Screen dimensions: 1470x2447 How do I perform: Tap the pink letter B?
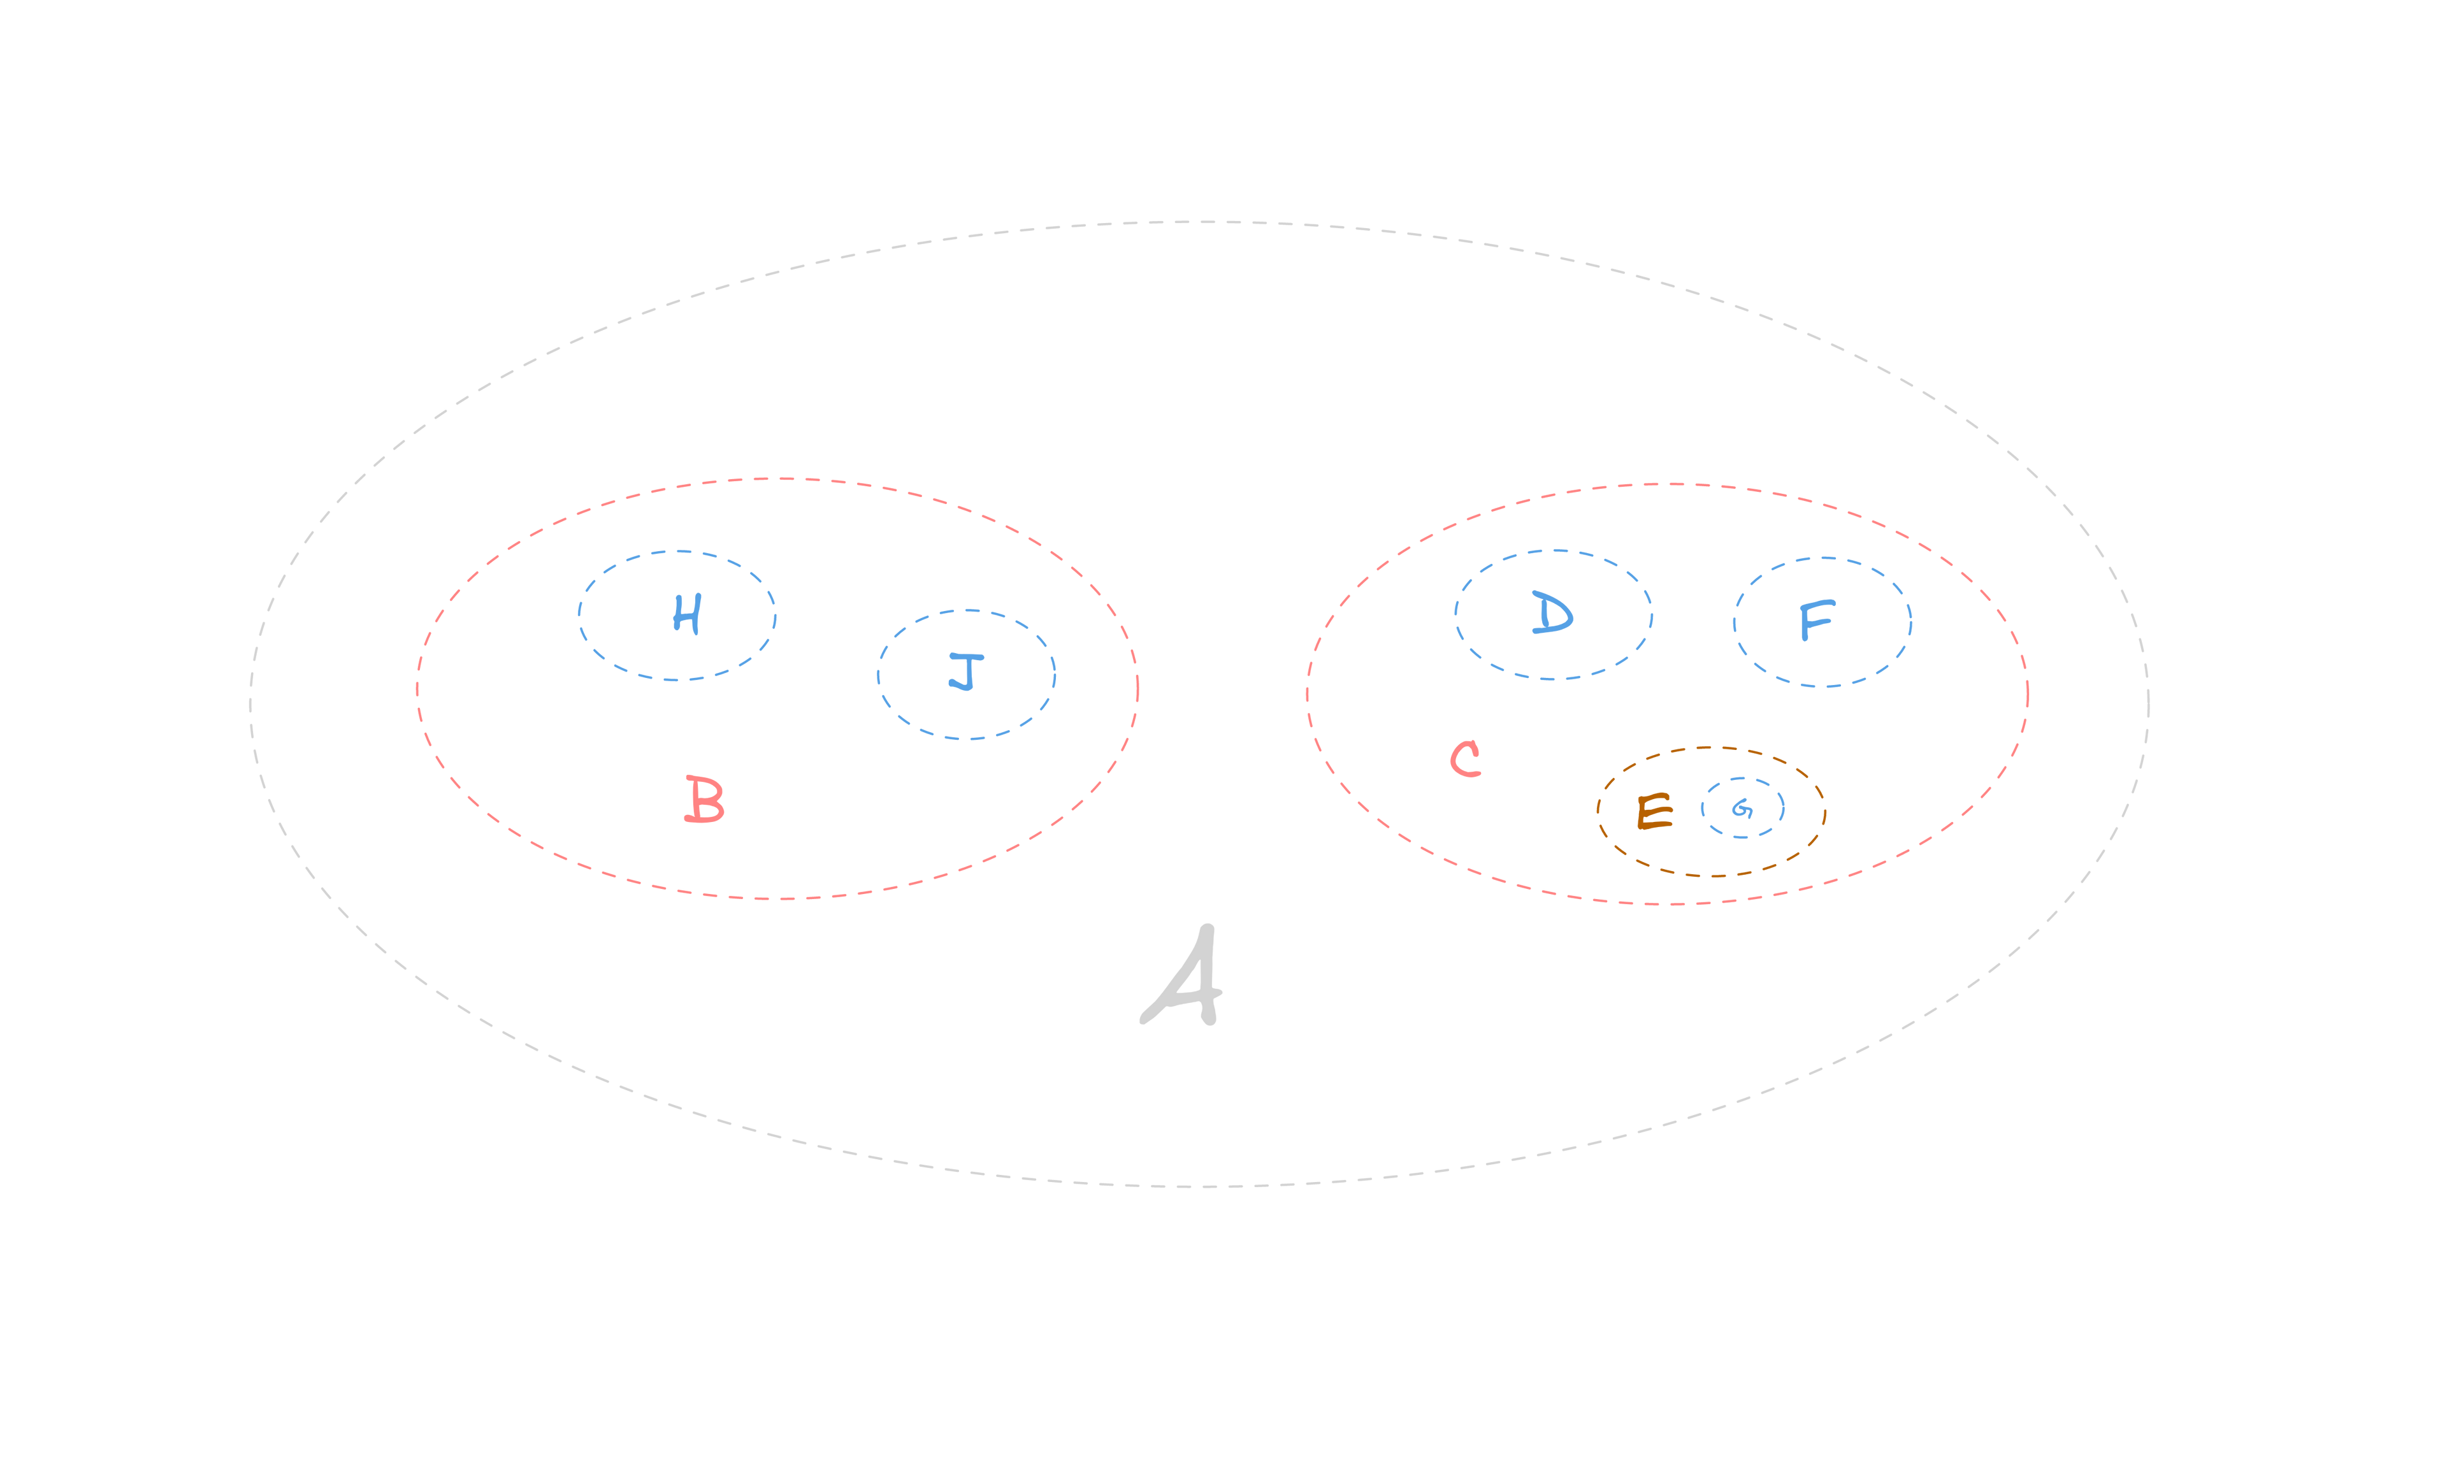(x=704, y=800)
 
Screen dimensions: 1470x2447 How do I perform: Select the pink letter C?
(x=1465, y=759)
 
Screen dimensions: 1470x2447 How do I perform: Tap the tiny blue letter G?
(x=1743, y=809)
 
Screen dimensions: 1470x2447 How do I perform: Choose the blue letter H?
(x=686, y=614)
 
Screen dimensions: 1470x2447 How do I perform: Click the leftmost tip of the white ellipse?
(x=250, y=703)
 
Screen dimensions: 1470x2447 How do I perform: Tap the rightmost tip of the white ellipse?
(x=2147, y=703)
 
